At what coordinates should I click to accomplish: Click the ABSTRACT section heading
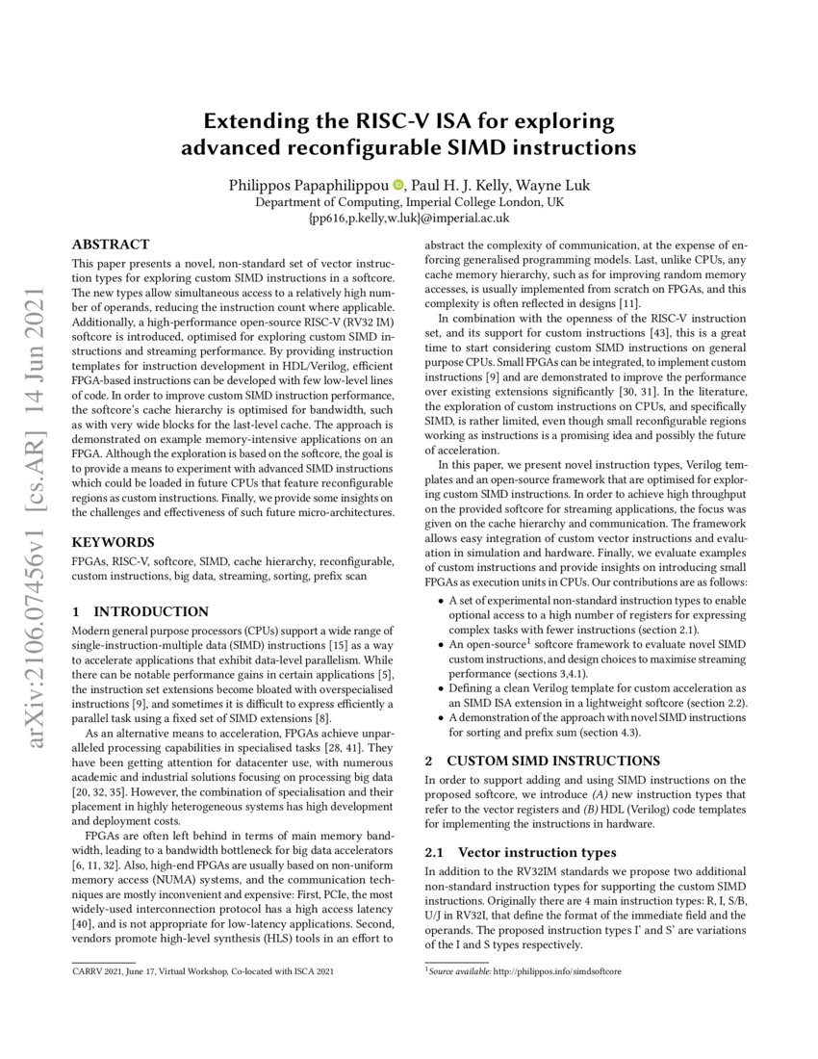tap(111, 245)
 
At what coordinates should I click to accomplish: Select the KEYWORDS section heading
tap(113, 542)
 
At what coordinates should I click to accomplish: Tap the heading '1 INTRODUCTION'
tap(141, 611)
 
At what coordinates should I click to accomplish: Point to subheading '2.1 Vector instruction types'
tap(521, 852)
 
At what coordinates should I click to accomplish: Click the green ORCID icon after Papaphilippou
tap(398, 186)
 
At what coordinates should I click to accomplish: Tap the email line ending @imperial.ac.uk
tap(408, 220)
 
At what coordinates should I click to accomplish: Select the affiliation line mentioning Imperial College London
tap(408, 203)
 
